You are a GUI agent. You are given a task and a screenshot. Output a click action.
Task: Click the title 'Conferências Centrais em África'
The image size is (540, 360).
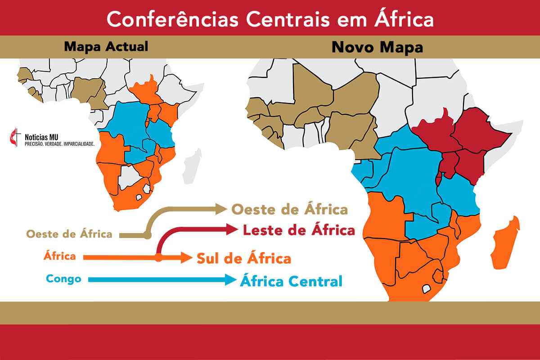click(x=270, y=19)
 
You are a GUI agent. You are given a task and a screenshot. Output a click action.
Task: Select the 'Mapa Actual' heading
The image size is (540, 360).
click(x=106, y=46)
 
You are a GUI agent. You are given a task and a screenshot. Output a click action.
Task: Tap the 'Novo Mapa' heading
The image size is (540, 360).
click(x=377, y=47)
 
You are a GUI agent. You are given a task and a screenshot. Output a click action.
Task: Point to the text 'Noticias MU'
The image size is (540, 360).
click(x=47, y=135)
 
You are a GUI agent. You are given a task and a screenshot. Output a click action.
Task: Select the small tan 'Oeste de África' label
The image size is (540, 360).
click(x=69, y=234)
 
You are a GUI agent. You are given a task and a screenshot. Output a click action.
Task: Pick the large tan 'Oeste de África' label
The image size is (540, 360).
click(x=289, y=210)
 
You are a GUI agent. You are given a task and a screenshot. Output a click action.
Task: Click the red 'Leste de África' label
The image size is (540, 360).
click(x=299, y=230)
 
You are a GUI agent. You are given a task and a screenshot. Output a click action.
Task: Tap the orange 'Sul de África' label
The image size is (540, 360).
click(x=243, y=259)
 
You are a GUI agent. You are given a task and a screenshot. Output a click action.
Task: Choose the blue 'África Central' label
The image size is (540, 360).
click(x=291, y=282)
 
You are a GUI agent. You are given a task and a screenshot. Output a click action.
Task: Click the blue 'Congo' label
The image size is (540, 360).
click(x=63, y=279)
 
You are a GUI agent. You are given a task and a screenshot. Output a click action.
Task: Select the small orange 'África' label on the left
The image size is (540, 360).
click(x=59, y=256)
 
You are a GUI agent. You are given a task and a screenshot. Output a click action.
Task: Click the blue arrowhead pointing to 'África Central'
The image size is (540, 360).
click(x=231, y=280)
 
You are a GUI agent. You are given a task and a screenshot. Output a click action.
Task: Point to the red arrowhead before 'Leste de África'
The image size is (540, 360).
click(x=233, y=230)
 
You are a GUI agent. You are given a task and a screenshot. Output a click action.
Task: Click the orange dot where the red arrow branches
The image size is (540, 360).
click(x=158, y=258)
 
